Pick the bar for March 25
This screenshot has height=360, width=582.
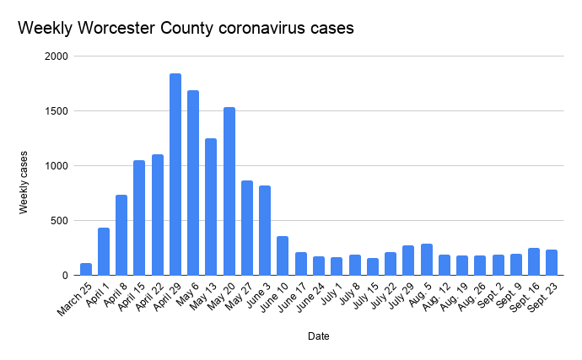coord(86,269)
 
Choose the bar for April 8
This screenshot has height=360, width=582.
coord(121,235)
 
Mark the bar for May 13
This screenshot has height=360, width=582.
coord(211,207)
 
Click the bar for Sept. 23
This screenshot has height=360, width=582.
coord(552,262)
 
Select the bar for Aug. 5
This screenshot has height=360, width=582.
coord(426,260)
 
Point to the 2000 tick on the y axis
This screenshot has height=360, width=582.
coord(57,56)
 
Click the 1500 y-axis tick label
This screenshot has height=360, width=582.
coord(57,111)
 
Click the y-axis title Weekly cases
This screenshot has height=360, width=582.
coord(25,181)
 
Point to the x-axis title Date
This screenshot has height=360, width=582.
coord(318,336)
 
